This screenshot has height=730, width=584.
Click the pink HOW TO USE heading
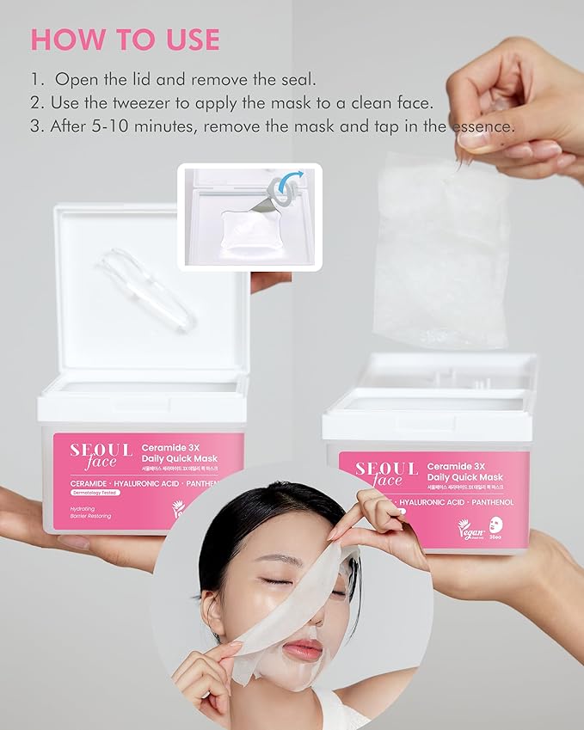click(x=126, y=40)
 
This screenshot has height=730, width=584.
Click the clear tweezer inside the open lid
click(x=146, y=288)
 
